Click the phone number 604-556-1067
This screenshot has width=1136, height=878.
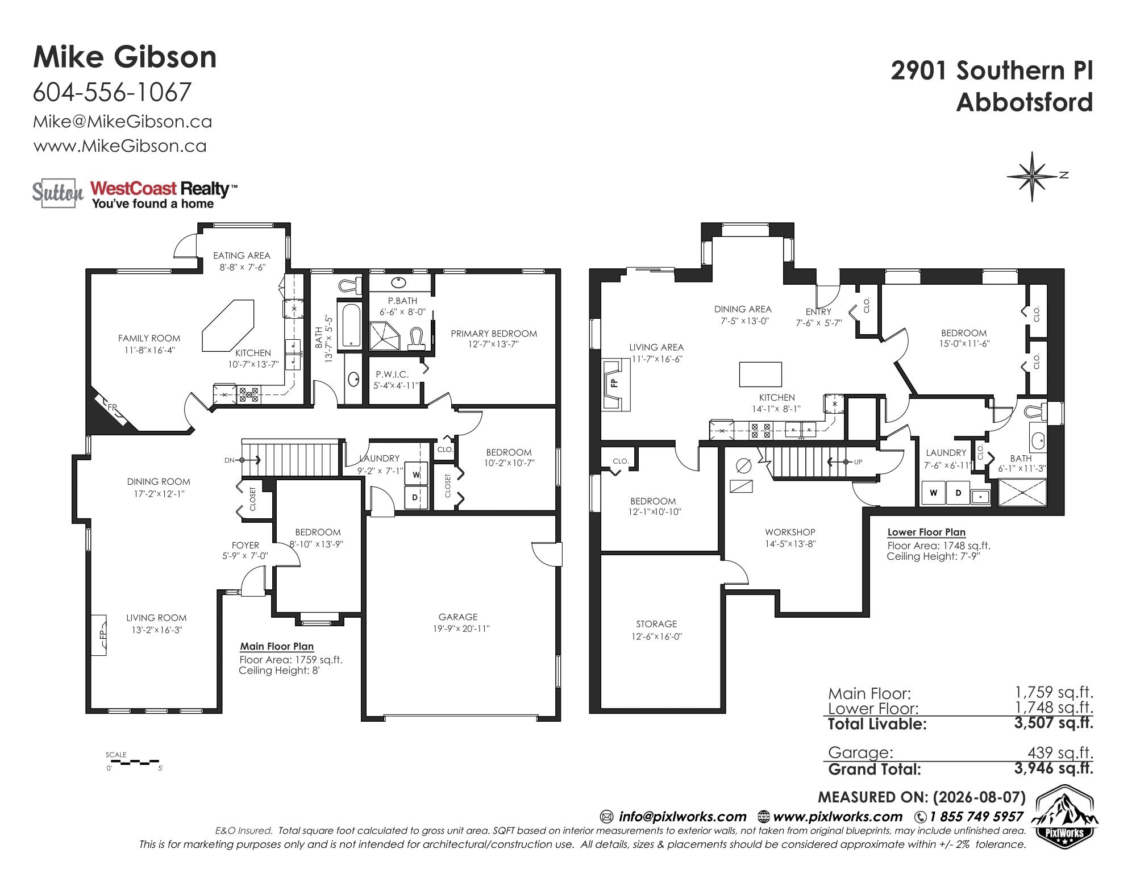pyautogui.click(x=112, y=92)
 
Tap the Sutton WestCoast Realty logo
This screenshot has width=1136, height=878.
pyautogui.click(x=135, y=195)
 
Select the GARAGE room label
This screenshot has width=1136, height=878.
pyautogui.click(x=458, y=617)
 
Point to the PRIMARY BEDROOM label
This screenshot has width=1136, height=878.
pyautogui.click(x=494, y=334)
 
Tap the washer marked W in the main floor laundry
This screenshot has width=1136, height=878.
pyautogui.click(x=416, y=475)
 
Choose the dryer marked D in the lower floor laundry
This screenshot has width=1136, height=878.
pyautogui.click(x=958, y=493)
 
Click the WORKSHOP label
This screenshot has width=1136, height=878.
pyautogui.click(x=790, y=532)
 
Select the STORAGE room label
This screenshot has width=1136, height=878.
pyautogui.click(x=656, y=624)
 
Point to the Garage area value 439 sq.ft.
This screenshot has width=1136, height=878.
pyautogui.click(x=1060, y=752)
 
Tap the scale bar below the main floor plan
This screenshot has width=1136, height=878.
pyautogui.click(x=134, y=761)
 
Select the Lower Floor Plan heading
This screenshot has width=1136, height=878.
pyautogui.click(x=926, y=532)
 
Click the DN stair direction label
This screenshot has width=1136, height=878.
pyautogui.click(x=229, y=460)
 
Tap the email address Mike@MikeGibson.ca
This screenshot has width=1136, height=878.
pyautogui.click(x=123, y=122)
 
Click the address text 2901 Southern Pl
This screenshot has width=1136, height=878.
pyautogui.click(x=992, y=71)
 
